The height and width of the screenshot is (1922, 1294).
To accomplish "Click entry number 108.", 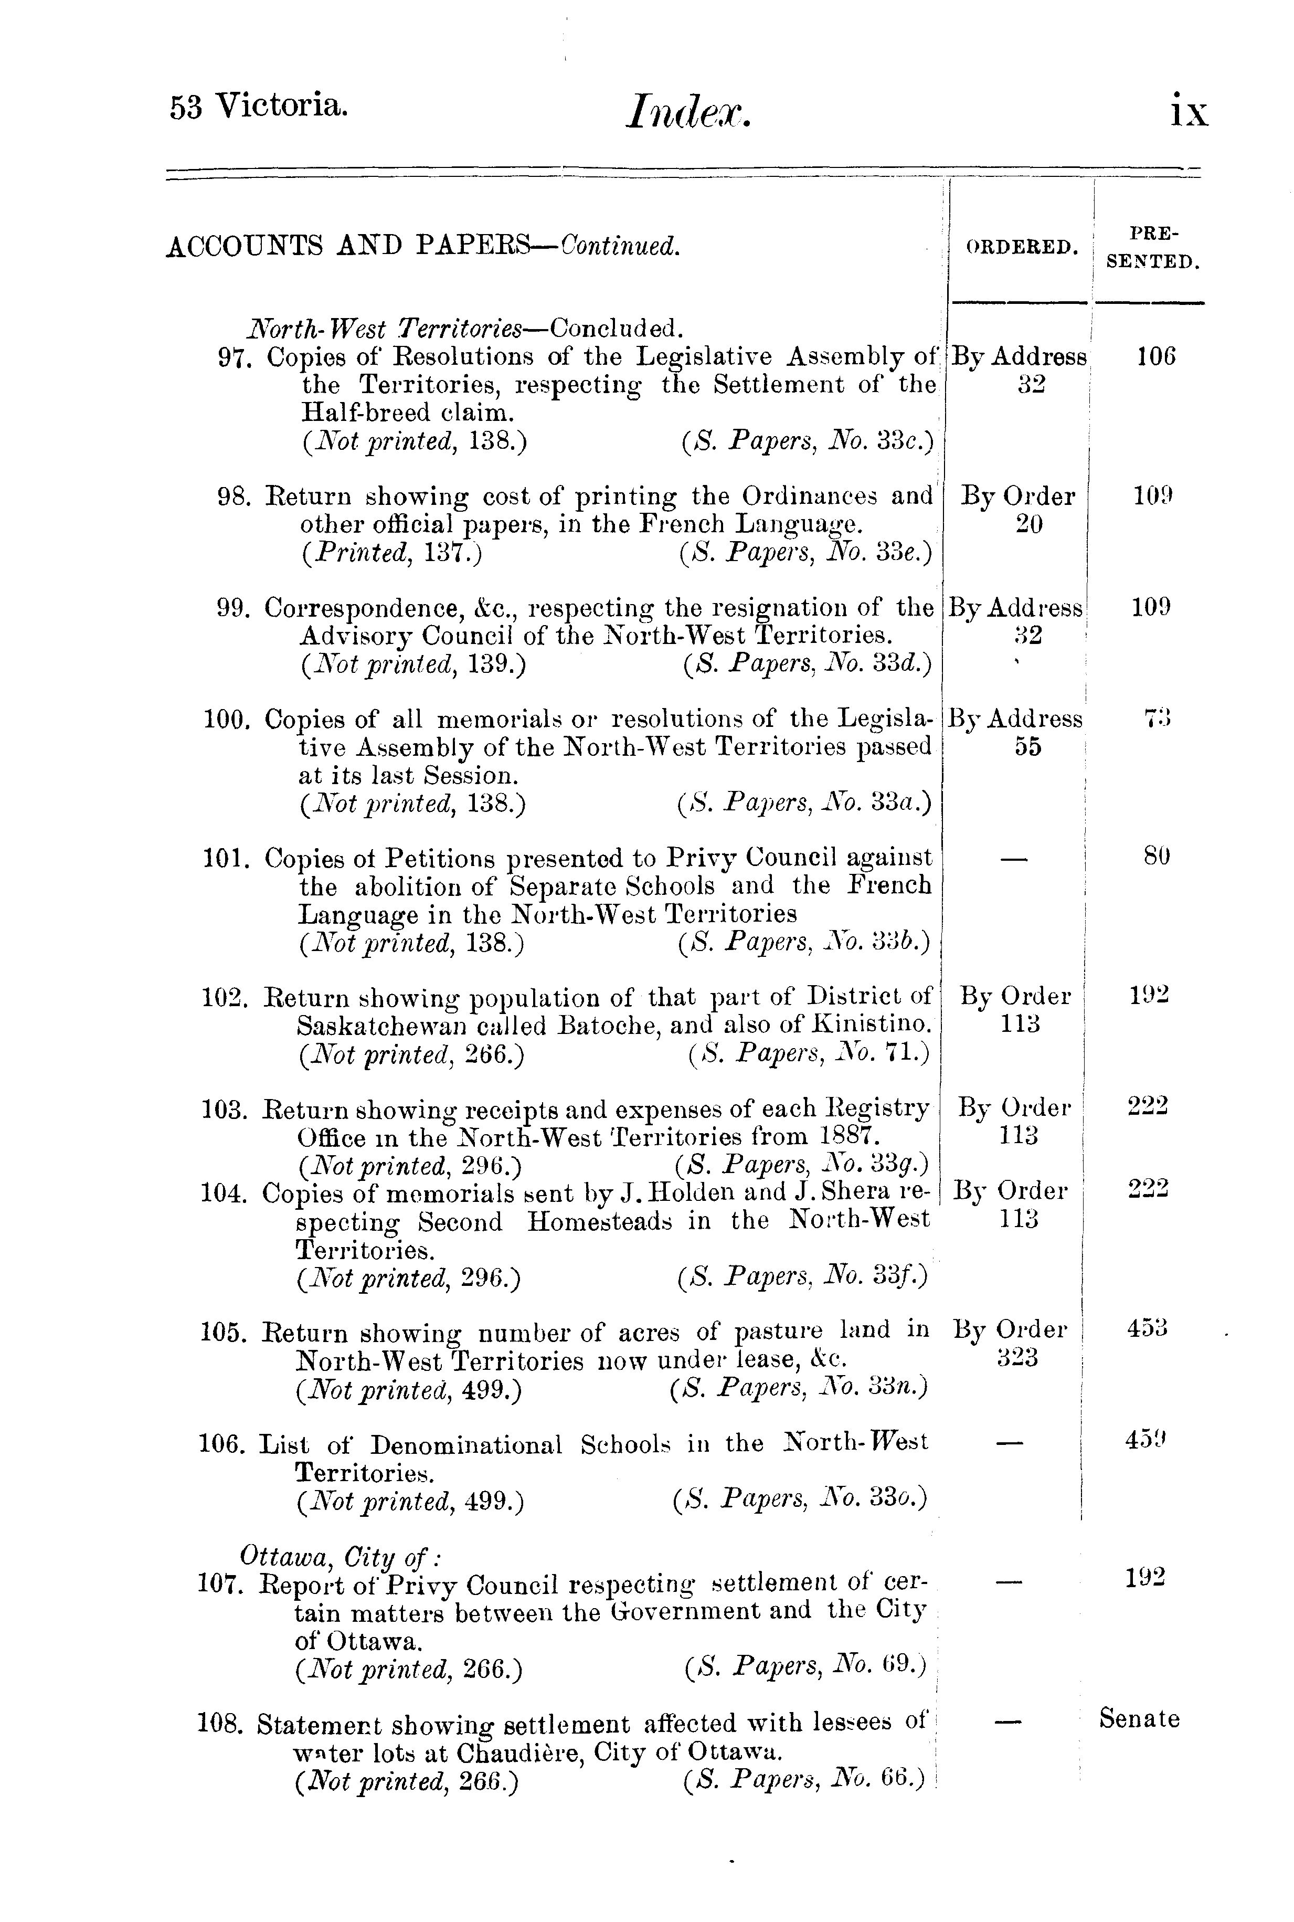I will click(220, 1725).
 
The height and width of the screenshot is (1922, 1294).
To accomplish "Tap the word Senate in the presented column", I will click(1140, 1719).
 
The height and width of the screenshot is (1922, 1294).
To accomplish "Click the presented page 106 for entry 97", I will click(1155, 357).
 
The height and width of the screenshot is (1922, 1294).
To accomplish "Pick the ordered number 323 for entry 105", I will click(1017, 1358).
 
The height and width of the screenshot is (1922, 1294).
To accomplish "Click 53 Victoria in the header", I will click(258, 107).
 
